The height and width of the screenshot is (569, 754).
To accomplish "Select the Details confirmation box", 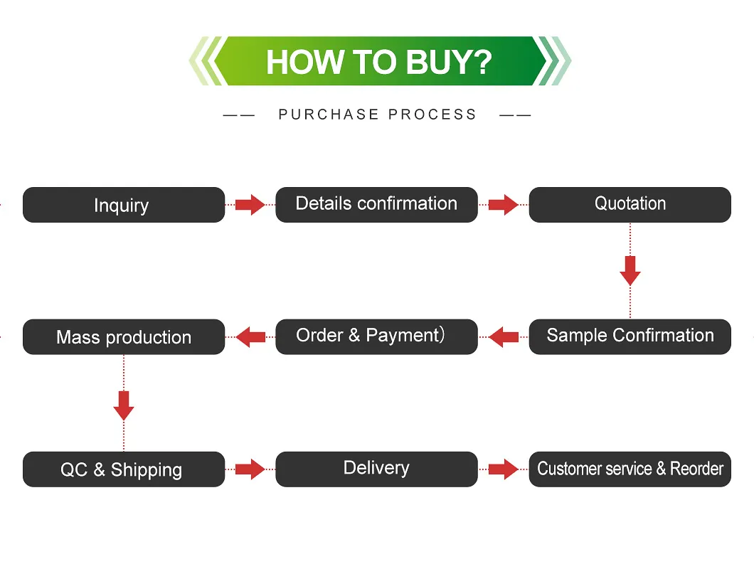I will tap(376, 205).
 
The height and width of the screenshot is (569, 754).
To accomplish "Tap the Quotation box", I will tap(630, 205).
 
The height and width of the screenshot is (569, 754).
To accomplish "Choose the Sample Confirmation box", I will tap(630, 336).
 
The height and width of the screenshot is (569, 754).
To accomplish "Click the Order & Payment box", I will tap(376, 336).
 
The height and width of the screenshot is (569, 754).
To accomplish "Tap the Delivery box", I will tap(376, 469).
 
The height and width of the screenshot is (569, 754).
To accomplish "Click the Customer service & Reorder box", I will tap(630, 469).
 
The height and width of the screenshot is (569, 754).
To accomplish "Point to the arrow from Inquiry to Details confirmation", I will tap(250, 205).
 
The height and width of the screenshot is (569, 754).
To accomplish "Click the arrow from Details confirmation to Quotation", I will tap(504, 205).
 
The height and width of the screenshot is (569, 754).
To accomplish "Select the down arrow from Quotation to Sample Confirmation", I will tap(630, 270).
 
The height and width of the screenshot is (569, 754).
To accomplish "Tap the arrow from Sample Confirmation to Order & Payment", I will tap(504, 336).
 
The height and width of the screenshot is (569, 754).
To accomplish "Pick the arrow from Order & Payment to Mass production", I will tap(250, 336).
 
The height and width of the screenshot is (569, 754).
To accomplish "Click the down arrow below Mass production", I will tap(124, 405).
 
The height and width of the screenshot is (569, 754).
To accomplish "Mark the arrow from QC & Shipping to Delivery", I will tap(250, 469).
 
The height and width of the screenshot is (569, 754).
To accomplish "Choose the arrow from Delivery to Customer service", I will tap(504, 469).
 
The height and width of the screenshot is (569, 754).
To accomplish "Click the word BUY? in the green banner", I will tap(448, 62).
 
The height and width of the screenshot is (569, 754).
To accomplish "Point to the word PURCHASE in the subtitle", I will tap(329, 115).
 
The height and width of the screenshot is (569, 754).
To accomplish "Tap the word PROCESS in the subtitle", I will tap(432, 115).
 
